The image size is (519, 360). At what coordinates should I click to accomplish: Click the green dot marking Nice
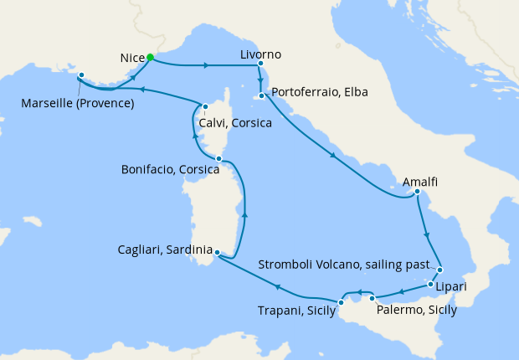point(150,58)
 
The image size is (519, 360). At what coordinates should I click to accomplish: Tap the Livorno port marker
point(261,64)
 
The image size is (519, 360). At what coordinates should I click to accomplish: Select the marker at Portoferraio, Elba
point(262,95)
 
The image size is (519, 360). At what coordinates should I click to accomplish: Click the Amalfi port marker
point(416,193)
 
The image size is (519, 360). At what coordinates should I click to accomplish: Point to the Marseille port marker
point(82,75)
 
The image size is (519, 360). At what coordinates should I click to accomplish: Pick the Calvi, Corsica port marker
point(204,105)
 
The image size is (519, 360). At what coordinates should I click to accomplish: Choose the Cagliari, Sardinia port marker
point(217,252)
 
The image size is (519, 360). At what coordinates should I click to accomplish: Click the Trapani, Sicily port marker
point(341,302)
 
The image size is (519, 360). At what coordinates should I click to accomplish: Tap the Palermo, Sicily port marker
point(372,297)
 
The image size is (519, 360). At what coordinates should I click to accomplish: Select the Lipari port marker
point(432,285)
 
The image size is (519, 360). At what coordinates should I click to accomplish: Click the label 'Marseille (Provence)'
point(79,104)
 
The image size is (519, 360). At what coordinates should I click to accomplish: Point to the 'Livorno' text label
point(260,54)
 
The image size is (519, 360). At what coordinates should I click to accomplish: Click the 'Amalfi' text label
point(420,182)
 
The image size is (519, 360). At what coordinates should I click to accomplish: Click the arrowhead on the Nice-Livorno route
point(207,64)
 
